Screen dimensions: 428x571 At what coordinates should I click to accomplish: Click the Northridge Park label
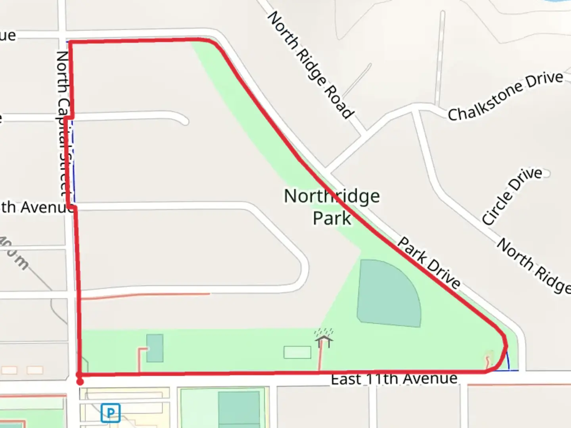point(332,207)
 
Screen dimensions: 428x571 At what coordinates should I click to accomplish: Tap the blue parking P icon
point(110,413)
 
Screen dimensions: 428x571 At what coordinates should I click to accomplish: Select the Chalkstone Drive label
point(506,96)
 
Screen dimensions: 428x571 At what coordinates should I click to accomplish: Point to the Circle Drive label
point(512,196)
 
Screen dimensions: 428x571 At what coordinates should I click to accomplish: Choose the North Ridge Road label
point(310,65)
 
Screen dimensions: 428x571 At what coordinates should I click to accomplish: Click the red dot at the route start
point(80,382)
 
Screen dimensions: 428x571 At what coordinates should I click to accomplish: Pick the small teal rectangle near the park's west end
point(155,348)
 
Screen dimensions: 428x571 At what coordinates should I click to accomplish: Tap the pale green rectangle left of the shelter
point(297,352)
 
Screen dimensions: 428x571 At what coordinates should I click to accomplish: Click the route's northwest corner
point(71,42)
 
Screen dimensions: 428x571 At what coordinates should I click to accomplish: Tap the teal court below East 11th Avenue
point(239,408)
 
